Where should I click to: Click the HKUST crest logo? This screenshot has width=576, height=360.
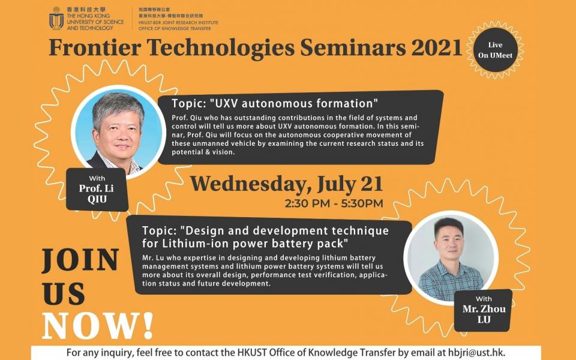point(56,18)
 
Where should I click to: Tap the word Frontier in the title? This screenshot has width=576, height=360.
point(95,48)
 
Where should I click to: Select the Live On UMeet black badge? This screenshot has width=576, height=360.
point(495,50)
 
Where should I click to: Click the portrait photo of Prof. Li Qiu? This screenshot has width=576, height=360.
point(118,132)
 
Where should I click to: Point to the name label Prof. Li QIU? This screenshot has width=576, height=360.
point(97,189)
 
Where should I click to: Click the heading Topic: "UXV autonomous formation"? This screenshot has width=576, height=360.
point(274,104)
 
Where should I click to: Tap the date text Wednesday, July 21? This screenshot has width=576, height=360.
point(287,184)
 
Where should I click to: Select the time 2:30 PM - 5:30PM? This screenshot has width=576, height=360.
point(334,203)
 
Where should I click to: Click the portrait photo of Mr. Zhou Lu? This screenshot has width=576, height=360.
point(451,258)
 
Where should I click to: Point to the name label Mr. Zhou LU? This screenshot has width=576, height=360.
point(484,310)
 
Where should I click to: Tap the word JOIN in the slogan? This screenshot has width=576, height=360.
point(80,260)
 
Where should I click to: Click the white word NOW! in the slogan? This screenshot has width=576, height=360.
point(98,326)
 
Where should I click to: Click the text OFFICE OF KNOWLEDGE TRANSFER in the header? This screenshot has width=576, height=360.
point(175,28)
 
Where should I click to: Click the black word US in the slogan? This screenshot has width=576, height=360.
point(64,294)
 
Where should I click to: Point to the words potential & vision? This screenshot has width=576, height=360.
point(203,152)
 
